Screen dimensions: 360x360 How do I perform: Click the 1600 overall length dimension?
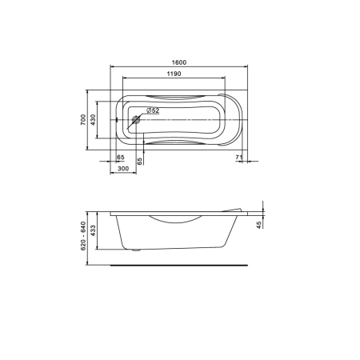[x=179, y=62]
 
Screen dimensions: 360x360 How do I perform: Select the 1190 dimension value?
[x=174, y=74]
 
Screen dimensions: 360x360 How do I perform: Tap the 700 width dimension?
[x=83, y=120]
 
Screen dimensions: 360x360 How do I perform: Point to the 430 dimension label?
[x=93, y=120]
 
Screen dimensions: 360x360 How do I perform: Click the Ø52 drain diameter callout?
[x=153, y=110]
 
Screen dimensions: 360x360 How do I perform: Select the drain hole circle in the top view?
[x=136, y=120]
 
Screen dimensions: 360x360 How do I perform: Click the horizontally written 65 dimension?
[x=121, y=158]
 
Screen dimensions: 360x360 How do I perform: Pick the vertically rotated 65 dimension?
[x=139, y=161]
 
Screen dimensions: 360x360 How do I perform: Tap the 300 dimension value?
[x=123, y=169]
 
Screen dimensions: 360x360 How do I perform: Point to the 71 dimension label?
[x=239, y=158]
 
